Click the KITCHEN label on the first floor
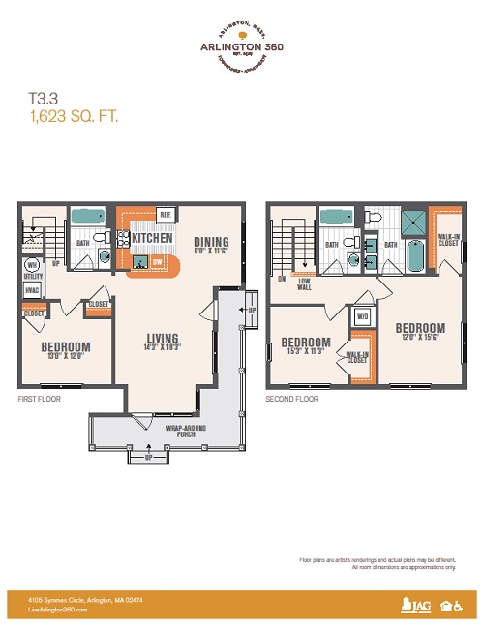pos(153,238)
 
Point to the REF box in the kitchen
pos(165,214)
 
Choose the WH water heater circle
pos(32,265)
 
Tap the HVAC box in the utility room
pos(32,289)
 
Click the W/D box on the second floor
pos(363,316)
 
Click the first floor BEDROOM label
pos(66,346)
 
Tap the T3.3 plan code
pos(44,98)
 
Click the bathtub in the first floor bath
pos(88,219)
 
